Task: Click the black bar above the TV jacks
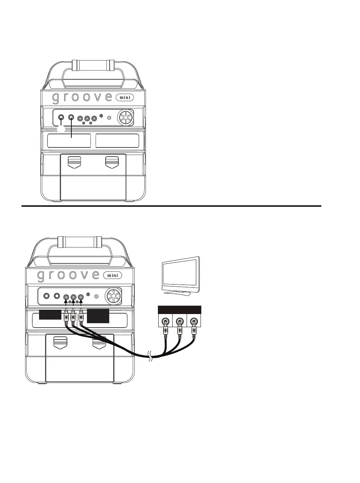click(x=179, y=309)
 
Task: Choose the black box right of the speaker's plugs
click(x=98, y=316)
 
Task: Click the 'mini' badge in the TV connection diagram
click(x=112, y=275)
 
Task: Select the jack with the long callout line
click(x=71, y=118)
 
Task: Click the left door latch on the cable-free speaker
click(x=74, y=162)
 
